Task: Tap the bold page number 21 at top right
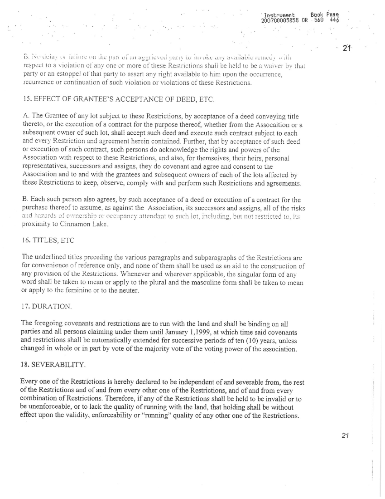pyautogui.click(x=348, y=48)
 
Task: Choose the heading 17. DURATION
pyautogui.click(x=47, y=307)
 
